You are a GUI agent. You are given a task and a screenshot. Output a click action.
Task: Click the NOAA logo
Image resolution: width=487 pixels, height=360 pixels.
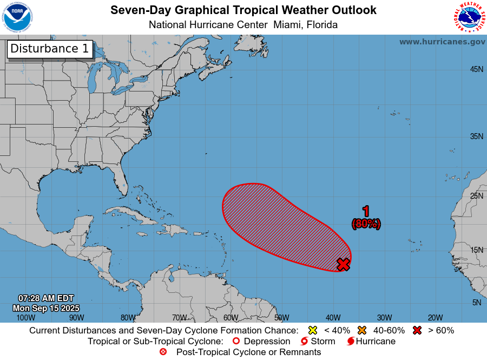[x=17, y=17]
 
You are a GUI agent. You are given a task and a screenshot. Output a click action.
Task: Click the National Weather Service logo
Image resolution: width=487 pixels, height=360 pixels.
[x=468, y=17]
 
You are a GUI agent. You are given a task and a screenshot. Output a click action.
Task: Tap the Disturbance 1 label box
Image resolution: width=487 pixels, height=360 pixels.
[x=50, y=49]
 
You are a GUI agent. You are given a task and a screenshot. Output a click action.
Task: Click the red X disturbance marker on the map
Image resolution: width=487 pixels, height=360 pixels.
[x=343, y=264]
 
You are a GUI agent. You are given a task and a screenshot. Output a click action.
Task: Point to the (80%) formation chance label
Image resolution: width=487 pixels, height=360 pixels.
[x=366, y=223]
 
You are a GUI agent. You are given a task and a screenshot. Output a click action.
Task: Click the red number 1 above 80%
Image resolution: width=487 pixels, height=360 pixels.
[x=366, y=211]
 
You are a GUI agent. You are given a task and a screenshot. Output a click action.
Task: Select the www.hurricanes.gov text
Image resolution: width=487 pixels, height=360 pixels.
[x=442, y=42]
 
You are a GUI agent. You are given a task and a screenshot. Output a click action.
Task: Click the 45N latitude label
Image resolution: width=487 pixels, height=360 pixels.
[x=476, y=69]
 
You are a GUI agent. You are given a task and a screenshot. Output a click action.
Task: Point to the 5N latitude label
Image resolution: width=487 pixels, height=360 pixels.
[x=476, y=303]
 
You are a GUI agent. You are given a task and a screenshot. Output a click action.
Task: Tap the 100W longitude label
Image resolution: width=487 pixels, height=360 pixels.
[x=25, y=317]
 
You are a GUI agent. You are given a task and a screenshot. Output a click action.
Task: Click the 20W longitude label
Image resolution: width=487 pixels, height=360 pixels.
[x=435, y=317]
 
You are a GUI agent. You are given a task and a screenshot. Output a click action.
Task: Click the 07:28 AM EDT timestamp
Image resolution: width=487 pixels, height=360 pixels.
[x=46, y=298]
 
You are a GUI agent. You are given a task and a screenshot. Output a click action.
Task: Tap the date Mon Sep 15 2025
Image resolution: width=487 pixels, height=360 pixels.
[x=46, y=308]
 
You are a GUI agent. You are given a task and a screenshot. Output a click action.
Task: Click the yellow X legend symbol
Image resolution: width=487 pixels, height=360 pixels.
[x=312, y=330]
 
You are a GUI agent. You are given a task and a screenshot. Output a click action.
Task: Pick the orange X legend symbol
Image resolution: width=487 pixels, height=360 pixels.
[x=361, y=330]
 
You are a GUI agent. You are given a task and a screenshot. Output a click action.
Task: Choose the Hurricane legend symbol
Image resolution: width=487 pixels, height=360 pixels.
[x=351, y=342]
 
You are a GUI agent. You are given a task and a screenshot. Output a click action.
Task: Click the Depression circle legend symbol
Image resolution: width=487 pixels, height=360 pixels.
[x=235, y=342]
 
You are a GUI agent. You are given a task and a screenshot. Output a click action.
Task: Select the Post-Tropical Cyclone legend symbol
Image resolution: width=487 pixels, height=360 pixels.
[x=163, y=352]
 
